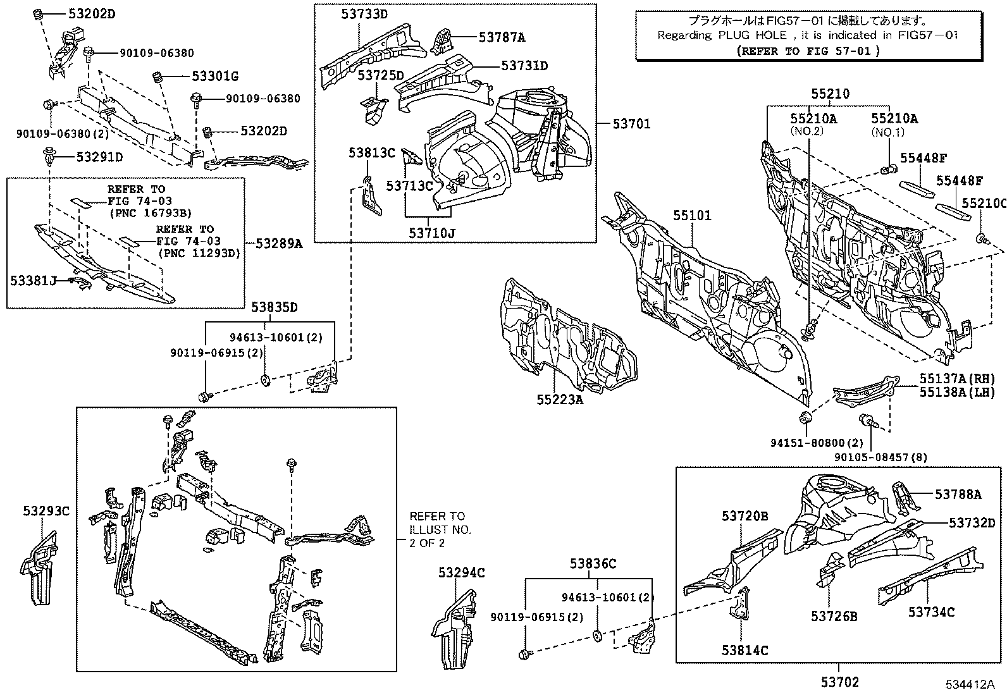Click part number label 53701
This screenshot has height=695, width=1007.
pos(631,124)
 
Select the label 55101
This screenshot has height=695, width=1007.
pos(691,216)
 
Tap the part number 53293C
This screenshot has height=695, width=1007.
pos(47,511)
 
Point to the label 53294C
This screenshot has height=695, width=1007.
pos(462,573)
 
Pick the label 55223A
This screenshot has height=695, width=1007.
pos(560,399)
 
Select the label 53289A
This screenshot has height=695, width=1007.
pos(279,243)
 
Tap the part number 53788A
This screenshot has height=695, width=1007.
pos(958,495)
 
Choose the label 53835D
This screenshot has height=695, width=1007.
pos(274,307)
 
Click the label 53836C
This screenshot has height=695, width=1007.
pos(593,563)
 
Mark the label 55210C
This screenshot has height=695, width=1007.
pos(984,203)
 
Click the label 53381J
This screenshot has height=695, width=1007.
pos(33,280)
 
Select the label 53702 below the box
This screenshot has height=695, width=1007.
pos(840,682)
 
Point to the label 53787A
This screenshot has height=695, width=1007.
pos(502,37)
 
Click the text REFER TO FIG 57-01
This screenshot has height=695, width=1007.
pos(808,51)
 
